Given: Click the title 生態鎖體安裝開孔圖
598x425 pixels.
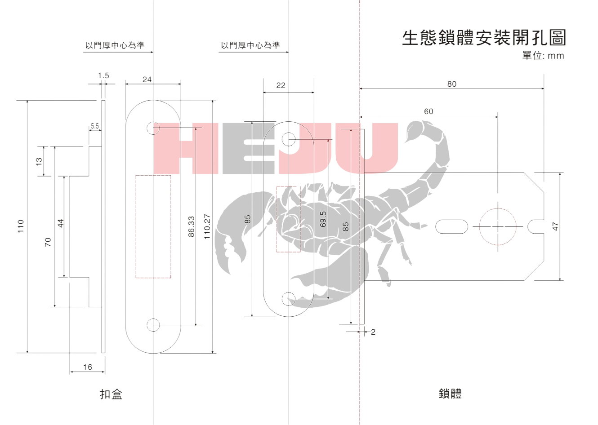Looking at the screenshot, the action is point(484,38).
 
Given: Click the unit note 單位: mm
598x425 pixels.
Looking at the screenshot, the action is point(543,56).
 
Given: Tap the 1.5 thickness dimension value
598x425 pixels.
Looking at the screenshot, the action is point(103,75).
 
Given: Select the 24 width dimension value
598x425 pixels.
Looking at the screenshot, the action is point(147,79).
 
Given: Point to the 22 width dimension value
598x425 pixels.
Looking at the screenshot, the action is point(281,85).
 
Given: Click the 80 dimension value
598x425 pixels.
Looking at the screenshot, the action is point(452,84).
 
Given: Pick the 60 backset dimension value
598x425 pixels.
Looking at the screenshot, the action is point(428,111).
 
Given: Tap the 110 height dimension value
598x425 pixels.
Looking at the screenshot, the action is point(21,226).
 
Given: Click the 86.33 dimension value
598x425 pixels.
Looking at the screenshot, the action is point(191,226).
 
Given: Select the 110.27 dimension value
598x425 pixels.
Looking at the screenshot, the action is point(207,226).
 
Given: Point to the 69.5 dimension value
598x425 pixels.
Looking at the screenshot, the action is point(323,219).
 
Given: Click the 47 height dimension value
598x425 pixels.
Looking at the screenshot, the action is point(555,226).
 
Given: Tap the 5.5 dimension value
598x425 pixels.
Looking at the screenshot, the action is point(95,126).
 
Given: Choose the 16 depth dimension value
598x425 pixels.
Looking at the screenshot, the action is point(88,367).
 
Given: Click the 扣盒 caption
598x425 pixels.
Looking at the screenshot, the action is point(111,394).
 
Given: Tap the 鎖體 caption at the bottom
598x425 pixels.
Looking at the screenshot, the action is point(450,394).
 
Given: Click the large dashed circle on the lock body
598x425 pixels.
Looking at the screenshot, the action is point(498,208).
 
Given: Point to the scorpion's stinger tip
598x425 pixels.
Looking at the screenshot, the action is point(404,142).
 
